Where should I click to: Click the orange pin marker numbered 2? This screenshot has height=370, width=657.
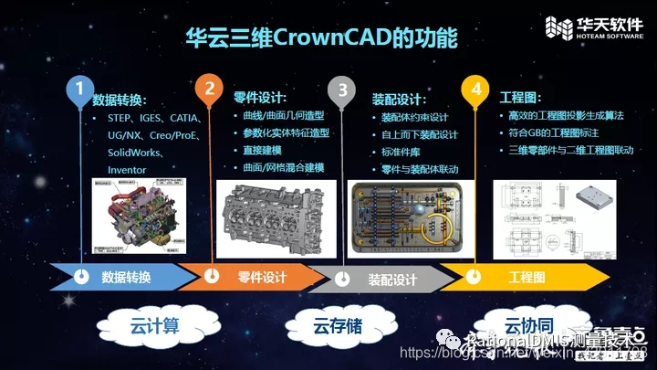(x=209, y=90)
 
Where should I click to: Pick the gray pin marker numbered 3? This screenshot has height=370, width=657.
(x=342, y=90)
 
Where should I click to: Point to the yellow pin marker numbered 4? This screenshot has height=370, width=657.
(x=474, y=90)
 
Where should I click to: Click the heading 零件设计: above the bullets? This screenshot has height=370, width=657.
(x=260, y=98)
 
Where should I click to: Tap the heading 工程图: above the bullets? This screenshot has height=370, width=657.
(x=520, y=98)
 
